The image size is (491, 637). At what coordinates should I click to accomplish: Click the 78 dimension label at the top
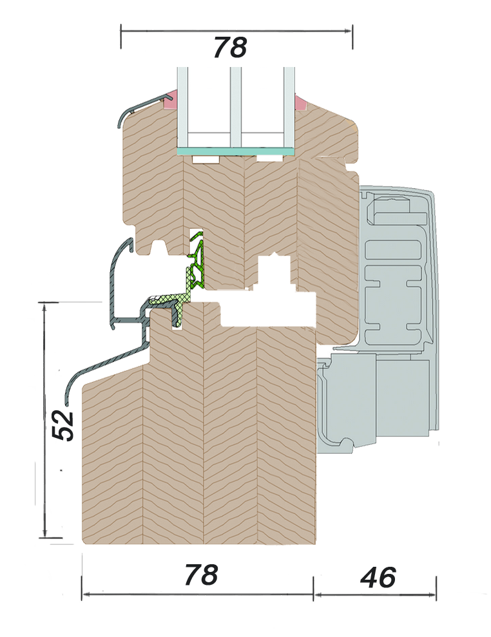pyautogui.click(x=230, y=46)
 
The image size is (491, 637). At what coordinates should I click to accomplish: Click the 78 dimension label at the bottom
pyautogui.click(x=200, y=576)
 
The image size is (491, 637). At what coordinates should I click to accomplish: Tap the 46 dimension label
pyautogui.click(x=378, y=578)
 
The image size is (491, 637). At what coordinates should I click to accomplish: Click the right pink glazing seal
pyautogui.click(x=301, y=102)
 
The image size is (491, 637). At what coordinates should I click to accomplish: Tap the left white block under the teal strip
pyautogui.click(x=209, y=158)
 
